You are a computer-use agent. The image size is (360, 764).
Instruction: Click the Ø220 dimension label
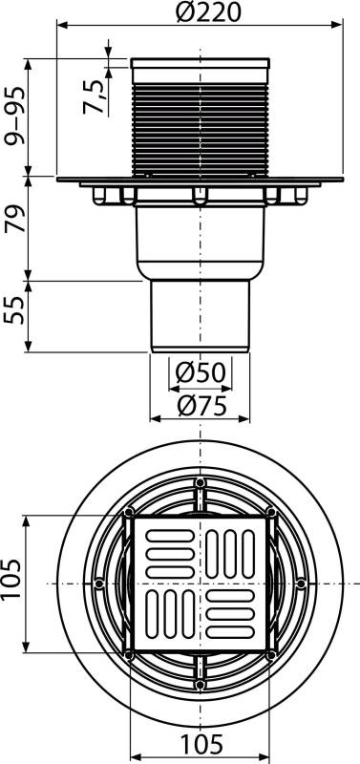click(x=199, y=13)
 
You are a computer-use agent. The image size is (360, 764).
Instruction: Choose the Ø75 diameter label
click(x=201, y=405)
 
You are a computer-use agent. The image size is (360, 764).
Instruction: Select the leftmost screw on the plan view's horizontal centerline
click(x=99, y=582)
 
